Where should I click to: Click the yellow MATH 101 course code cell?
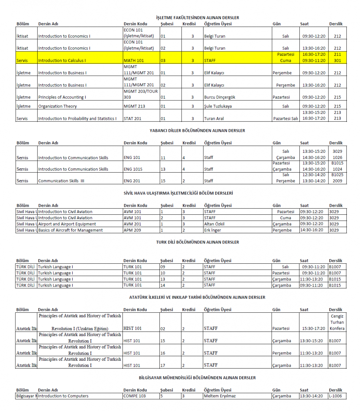point(133,61)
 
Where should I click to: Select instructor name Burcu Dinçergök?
point(219,97)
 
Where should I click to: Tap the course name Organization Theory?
point(57,106)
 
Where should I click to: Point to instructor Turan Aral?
point(214,119)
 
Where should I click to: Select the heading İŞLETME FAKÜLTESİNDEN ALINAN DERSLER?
point(197,17)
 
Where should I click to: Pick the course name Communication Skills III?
point(61,181)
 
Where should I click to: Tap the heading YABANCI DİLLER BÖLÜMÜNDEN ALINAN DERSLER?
point(197,130)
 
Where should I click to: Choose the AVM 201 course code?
point(132,224)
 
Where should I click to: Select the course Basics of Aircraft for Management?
point(70,230)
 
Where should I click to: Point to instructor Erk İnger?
point(212,230)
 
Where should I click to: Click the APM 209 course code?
point(132,230)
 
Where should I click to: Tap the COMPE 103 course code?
point(134,396)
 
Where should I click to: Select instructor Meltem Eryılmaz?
point(220,396)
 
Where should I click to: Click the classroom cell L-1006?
point(335,396)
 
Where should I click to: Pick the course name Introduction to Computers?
point(63,396)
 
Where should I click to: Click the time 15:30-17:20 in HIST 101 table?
point(313,328)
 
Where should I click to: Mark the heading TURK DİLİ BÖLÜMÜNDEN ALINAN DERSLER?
point(197,242)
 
